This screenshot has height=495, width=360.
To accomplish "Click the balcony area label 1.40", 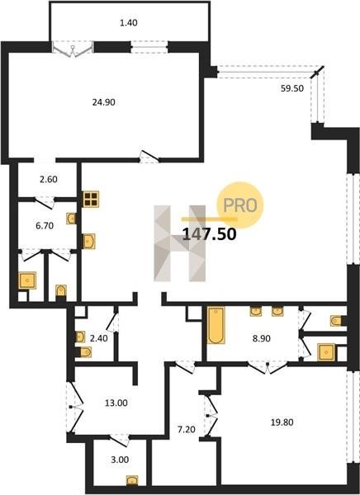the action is [129, 23].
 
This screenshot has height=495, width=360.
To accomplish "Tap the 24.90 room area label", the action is [104, 102].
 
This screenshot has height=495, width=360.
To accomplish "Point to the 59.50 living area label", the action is [292, 88].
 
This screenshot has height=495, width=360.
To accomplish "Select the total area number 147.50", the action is [210, 234].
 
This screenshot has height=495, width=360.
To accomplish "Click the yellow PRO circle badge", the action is [240, 205].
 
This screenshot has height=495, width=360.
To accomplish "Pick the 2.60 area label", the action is [49, 179].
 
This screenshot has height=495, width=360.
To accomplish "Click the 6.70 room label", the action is [45, 226].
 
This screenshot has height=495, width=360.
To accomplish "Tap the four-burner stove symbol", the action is [91, 199].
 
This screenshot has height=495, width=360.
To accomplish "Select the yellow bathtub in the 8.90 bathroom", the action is [216, 326].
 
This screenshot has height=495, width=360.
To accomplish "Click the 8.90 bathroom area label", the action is [262, 338].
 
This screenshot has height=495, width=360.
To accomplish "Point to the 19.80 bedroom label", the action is [282, 422].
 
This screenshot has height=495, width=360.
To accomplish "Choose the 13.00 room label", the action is [116, 403].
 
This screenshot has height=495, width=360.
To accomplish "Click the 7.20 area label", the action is [187, 430].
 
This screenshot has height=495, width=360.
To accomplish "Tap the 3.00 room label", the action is [120, 460].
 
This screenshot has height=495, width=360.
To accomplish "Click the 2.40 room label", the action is [98, 338].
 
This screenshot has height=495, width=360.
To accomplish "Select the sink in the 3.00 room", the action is [132, 480].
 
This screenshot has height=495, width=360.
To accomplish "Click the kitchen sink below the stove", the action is [89, 241].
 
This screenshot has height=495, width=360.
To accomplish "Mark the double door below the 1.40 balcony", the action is [73, 49].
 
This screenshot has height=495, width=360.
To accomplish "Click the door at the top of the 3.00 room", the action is [119, 440].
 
